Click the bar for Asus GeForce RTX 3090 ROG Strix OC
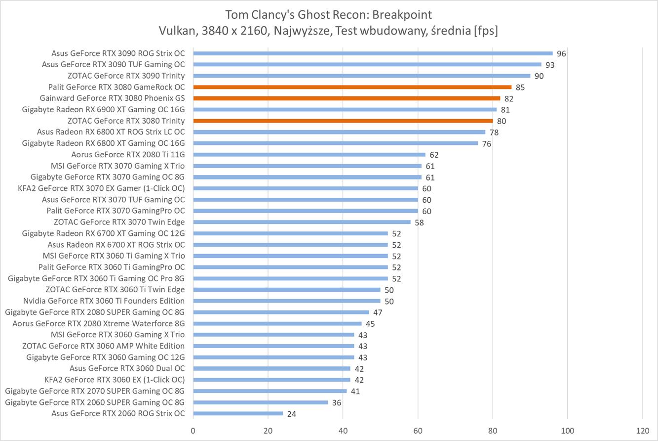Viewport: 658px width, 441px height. click(373, 53)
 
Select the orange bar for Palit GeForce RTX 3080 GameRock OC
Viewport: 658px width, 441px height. click(352, 87)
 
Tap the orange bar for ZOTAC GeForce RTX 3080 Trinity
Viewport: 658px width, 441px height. click(343, 121)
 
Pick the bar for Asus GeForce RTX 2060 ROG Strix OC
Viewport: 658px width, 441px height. click(238, 413)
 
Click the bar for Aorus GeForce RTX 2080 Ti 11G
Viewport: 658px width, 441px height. click(309, 155)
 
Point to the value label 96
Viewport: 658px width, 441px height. click(561, 54)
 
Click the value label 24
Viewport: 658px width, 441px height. click(292, 414)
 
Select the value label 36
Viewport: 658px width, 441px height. click(337, 402)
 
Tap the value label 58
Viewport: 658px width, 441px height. click(419, 222)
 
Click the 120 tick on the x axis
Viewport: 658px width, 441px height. click(642, 430)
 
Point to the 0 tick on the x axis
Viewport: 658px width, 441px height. click(193, 430)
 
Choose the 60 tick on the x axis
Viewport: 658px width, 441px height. click(418, 430)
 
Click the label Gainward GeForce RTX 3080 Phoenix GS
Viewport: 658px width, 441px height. click(112, 98)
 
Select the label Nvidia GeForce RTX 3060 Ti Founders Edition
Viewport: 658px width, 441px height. click(104, 301)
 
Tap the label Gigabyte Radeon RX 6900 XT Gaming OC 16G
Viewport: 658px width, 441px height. click(103, 110)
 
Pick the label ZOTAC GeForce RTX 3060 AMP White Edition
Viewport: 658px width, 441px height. click(103, 346)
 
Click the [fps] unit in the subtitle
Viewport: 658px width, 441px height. click(485, 31)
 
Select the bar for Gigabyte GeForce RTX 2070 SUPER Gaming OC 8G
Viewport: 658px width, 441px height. click(270, 391)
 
